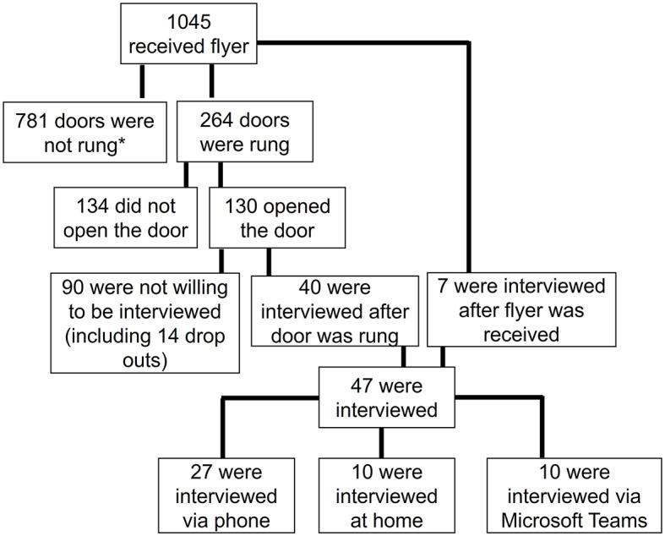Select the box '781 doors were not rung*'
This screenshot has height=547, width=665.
click(84, 132)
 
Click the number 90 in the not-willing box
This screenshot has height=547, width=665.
click(72, 286)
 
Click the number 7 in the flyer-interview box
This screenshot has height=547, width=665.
click(444, 286)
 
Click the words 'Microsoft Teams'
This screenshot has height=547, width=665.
click(574, 519)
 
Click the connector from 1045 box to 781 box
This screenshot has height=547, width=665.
click(142, 81)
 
